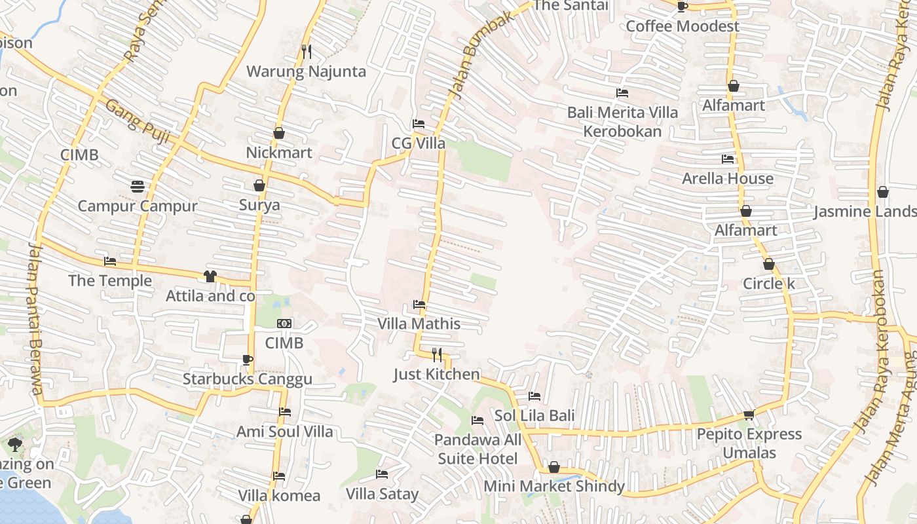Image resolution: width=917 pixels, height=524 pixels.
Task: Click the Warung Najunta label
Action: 306,71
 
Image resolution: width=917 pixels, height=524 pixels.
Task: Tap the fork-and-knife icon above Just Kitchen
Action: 437,354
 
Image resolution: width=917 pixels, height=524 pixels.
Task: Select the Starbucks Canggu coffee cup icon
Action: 247,360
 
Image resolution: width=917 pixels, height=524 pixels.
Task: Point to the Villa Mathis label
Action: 419,324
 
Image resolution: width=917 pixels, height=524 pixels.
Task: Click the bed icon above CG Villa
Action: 419,124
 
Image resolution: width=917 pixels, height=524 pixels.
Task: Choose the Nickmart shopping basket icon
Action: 279,133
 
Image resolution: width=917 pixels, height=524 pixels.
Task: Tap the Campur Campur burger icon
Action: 137,187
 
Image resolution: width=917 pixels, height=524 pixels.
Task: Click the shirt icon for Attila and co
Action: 210,276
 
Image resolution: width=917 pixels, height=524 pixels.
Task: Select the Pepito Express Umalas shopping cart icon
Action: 749,415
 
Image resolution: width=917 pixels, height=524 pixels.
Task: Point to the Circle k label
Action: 768,284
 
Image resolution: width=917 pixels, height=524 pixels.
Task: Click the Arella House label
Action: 727,178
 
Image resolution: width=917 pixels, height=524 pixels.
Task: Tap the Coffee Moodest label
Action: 682,26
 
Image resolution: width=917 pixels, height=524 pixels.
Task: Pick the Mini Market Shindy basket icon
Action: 554,467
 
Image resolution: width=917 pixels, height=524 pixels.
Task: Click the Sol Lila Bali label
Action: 534,415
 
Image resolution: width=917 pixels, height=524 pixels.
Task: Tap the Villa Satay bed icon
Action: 382,474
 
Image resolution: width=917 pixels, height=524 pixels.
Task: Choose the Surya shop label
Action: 259,205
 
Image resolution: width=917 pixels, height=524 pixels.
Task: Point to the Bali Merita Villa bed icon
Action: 622,93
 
